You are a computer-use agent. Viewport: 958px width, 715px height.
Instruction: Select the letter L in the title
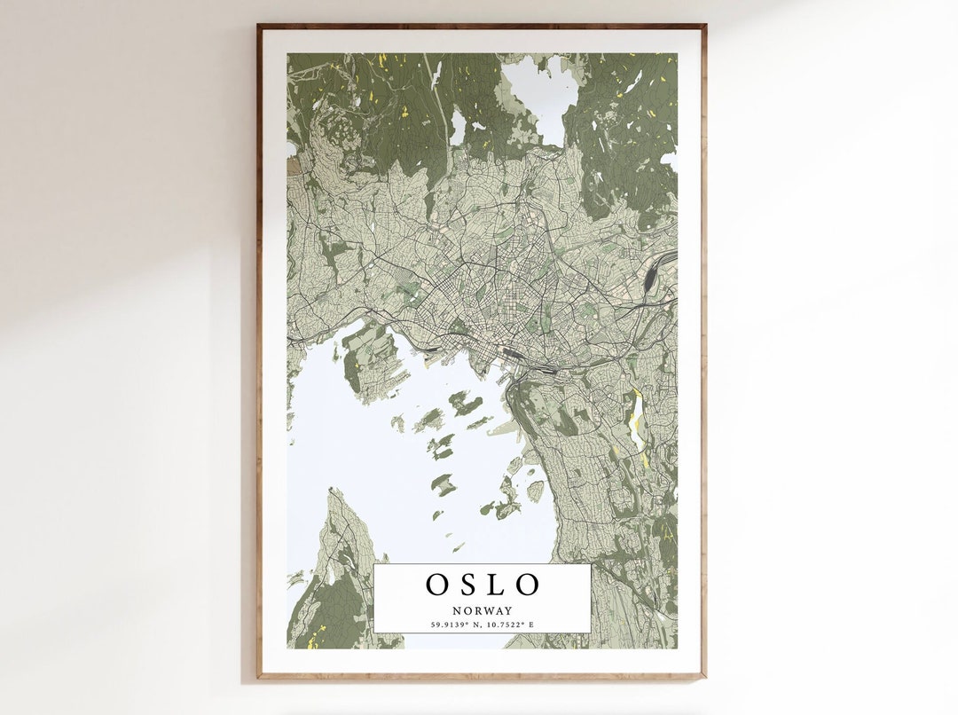click(x=498, y=585)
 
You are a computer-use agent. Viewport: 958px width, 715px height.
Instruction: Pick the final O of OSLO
click(x=527, y=585)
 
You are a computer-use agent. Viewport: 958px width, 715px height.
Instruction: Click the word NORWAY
click(x=482, y=610)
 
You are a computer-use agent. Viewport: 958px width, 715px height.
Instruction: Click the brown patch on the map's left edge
click(x=293, y=165)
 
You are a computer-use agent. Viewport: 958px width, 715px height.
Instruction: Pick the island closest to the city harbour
click(x=465, y=404)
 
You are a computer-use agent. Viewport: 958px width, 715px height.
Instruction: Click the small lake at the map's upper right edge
click(x=669, y=160)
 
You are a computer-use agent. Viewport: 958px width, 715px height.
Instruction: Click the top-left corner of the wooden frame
click(x=258, y=26)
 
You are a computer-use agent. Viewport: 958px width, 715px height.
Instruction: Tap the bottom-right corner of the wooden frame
click(x=705, y=678)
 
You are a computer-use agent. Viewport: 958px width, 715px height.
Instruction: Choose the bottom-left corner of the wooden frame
click(x=258, y=678)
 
